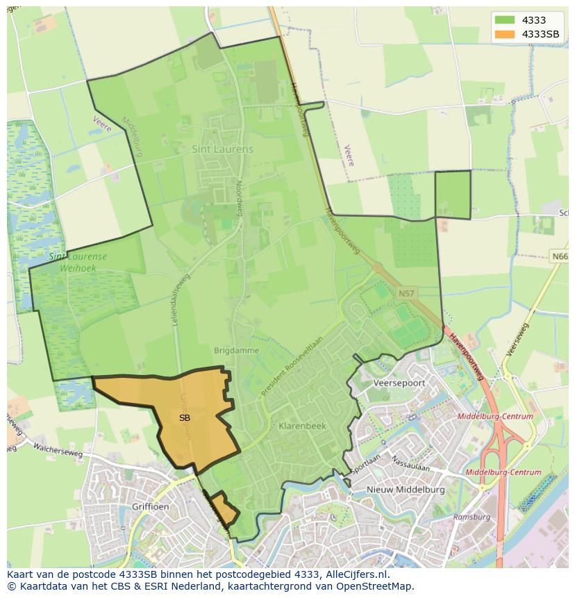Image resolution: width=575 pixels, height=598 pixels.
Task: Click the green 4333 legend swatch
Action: click(x=505, y=21)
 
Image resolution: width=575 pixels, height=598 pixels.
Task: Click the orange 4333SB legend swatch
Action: click(x=505, y=34)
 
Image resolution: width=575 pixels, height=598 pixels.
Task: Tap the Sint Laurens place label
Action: click(x=222, y=149)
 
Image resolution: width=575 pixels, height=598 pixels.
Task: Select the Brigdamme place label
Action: click(x=236, y=351)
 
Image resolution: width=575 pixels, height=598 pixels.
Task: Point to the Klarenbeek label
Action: click(x=297, y=425)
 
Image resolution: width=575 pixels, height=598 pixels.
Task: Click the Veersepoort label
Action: click(x=399, y=383)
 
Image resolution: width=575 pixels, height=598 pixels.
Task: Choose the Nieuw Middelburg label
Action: click(x=406, y=490)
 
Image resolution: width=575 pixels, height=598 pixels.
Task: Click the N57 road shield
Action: click(x=406, y=294)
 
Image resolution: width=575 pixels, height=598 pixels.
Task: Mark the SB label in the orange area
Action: click(x=184, y=418)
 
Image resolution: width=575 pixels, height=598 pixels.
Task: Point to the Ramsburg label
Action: click(x=472, y=517)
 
